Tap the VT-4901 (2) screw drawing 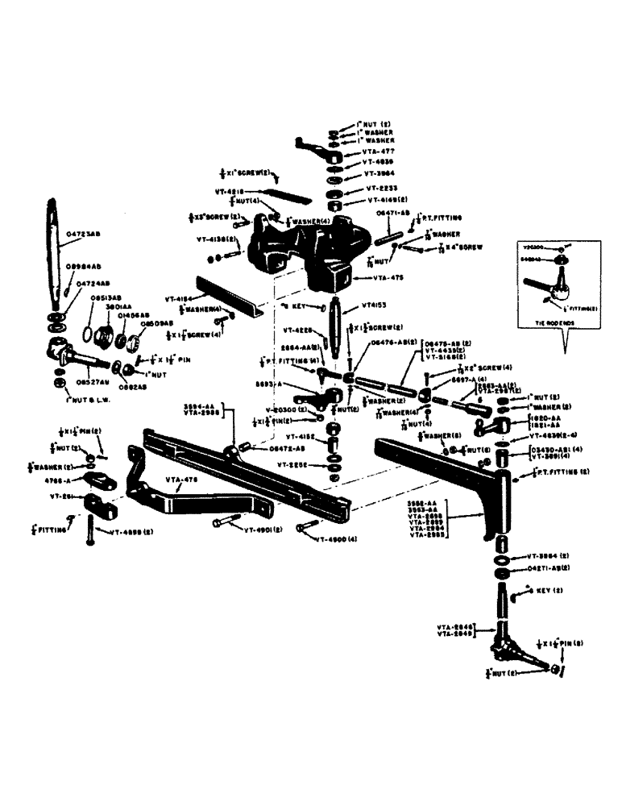click(222, 524)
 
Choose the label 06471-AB click(392, 214)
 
